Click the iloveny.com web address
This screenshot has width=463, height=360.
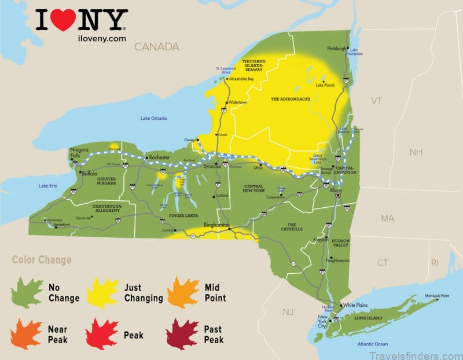[x=100, y=39]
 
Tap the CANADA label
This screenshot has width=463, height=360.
[x=156, y=47]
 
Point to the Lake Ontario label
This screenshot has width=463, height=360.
[x=154, y=119]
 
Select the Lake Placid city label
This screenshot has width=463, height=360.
[x=325, y=85]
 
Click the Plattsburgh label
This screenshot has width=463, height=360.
[x=337, y=48]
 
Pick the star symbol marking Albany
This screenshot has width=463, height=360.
[x=338, y=195]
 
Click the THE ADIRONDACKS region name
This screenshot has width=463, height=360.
[x=291, y=99]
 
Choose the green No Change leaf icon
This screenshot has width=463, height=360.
[x=28, y=293]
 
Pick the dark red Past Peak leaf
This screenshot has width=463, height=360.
[x=182, y=334]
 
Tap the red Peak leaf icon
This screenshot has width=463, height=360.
[x=102, y=334]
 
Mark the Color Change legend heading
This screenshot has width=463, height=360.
[x=42, y=260]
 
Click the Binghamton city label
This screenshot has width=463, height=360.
[x=217, y=225]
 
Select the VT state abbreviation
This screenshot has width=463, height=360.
[x=376, y=101]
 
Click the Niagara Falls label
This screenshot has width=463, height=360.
[x=79, y=153]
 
